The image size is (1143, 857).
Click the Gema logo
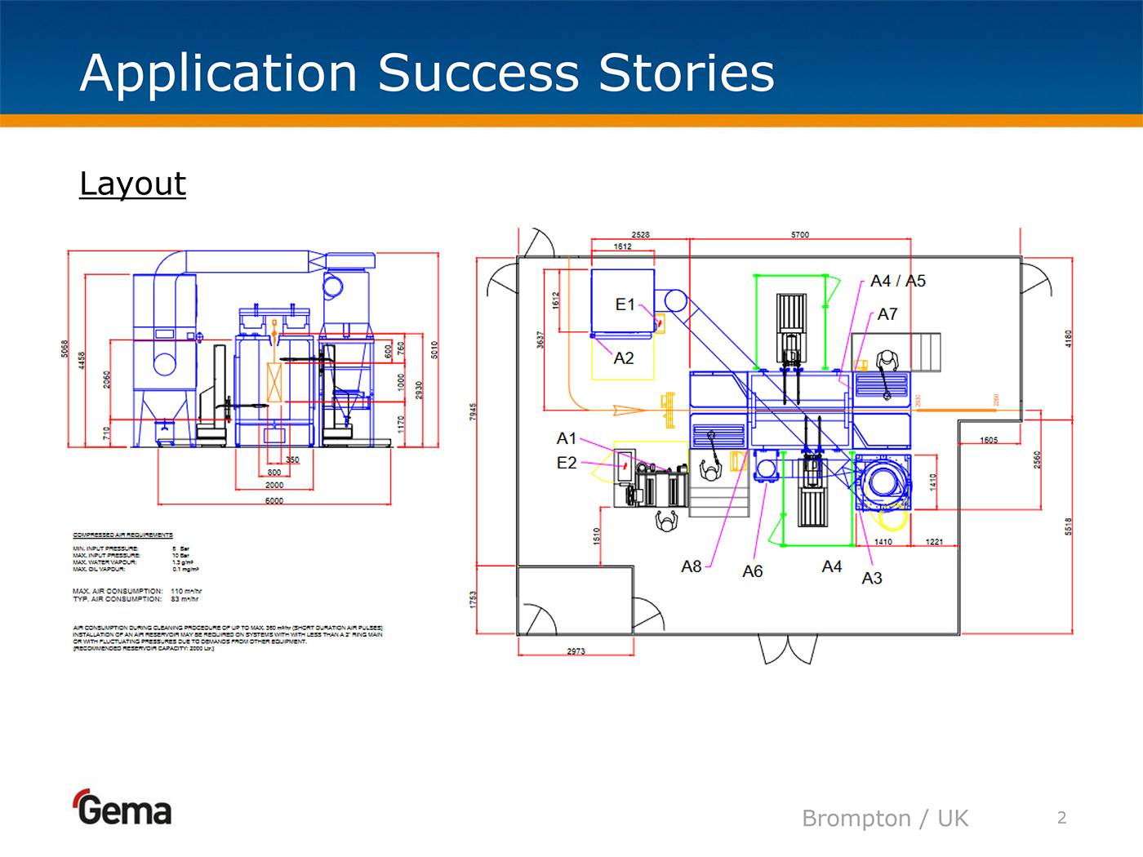(x=123, y=808)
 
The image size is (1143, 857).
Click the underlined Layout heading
(x=133, y=184)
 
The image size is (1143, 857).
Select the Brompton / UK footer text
(x=884, y=818)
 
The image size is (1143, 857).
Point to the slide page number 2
(x=1061, y=818)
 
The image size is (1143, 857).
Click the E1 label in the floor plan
(x=625, y=304)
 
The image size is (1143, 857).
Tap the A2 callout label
(x=624, y=358)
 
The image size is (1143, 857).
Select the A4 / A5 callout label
(x=897, y=281)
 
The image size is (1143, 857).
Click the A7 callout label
(x=887, y=314)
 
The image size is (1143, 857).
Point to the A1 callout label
(x=566, y=438)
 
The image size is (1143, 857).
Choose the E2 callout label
(x=566, y=463)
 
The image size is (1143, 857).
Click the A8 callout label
(x=691, y=566)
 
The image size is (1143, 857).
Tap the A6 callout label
(x=752, y=571)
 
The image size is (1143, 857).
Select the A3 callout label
(x=871, y=578)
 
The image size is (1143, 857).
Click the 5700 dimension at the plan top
(x=800, y=235)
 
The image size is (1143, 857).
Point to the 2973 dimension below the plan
(x=576, y=651)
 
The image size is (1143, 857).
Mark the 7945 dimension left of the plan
(x=473, y=412)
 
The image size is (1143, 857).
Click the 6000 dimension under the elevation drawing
(x=274, y=500)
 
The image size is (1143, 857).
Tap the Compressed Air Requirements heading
(x=122, y=535)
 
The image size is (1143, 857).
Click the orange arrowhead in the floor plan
(x=629, y=410)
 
